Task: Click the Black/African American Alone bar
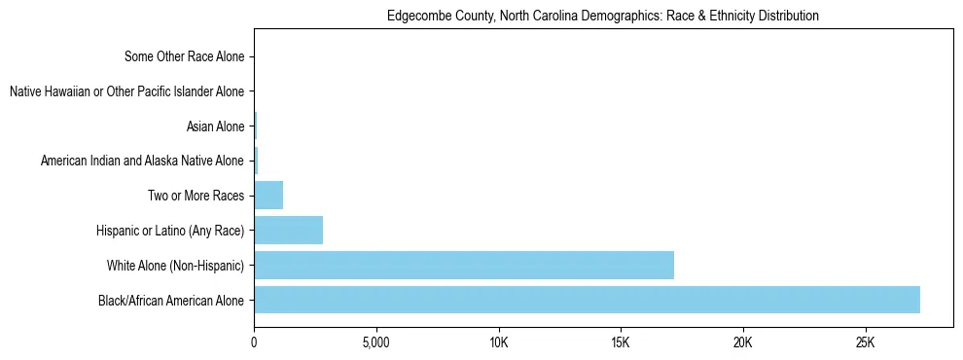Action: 587,300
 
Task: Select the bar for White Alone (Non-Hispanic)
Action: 464,266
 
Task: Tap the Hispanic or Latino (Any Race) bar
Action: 288,231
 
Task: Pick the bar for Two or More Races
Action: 268,196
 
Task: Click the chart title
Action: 603,17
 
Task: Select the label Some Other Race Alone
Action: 185,56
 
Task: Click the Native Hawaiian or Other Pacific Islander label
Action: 126,91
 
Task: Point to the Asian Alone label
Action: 215,126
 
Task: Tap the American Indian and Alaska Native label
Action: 142,161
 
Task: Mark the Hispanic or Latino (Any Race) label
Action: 170,231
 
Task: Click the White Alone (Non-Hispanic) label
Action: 175,266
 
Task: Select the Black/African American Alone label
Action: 171,300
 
